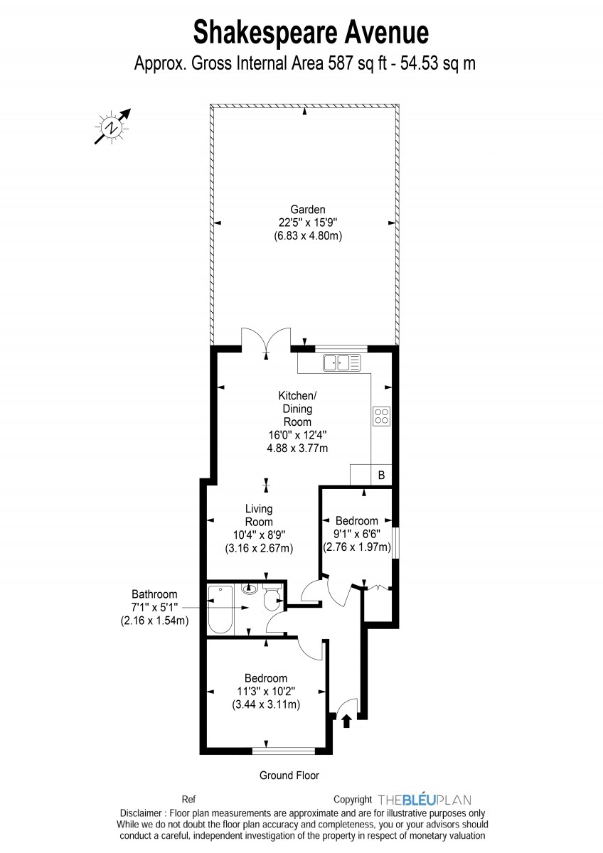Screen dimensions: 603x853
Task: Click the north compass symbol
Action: coord(112,127)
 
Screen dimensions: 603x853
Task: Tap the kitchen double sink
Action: coord(342,363)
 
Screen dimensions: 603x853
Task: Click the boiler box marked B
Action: coord(381,475)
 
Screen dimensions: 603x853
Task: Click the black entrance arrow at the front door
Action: coord(346,721)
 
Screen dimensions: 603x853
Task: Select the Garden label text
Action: coord(308,210)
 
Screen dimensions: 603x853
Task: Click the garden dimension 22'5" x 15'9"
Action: coord(308,222)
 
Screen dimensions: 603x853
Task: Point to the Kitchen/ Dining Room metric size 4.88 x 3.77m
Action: coord(297,449)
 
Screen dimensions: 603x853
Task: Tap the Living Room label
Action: coord(259,515)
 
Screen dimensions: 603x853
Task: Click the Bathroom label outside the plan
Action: coord(154,594)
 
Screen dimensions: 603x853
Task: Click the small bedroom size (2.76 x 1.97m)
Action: coord(357,547)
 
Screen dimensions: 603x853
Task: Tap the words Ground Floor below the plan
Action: coord(289,775)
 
